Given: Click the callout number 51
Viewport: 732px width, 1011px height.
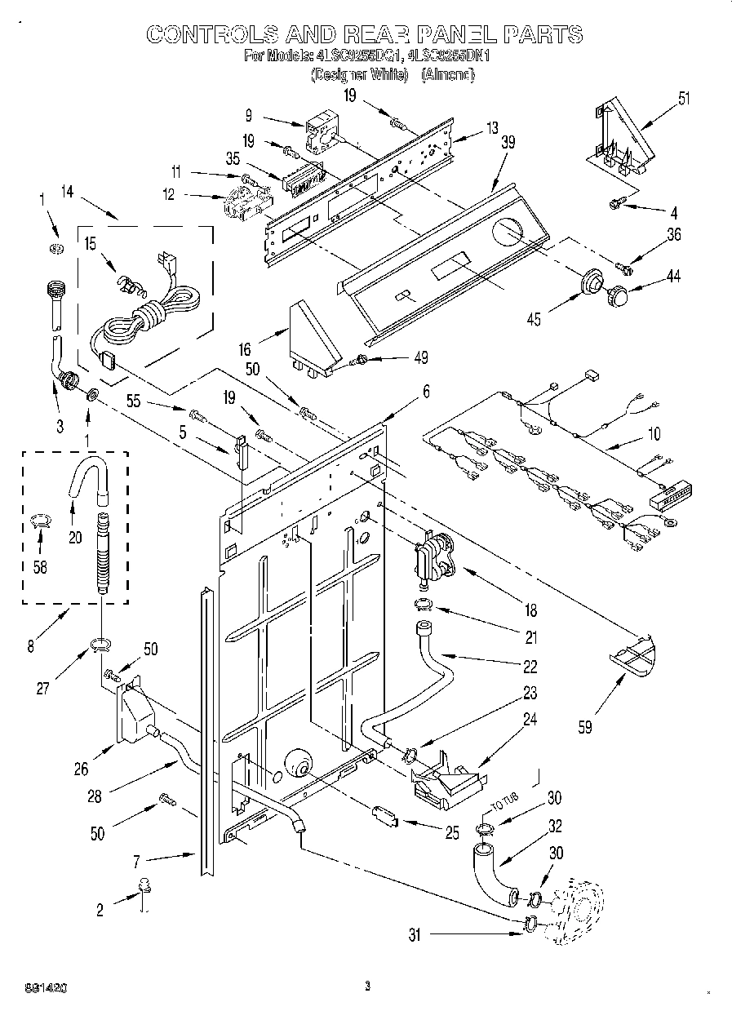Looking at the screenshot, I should (683, 100).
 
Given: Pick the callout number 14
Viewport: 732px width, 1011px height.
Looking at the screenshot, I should (67, 192).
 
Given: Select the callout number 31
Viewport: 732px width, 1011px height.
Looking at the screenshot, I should (415, 936).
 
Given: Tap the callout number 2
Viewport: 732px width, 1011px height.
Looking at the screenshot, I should (100, 911).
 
